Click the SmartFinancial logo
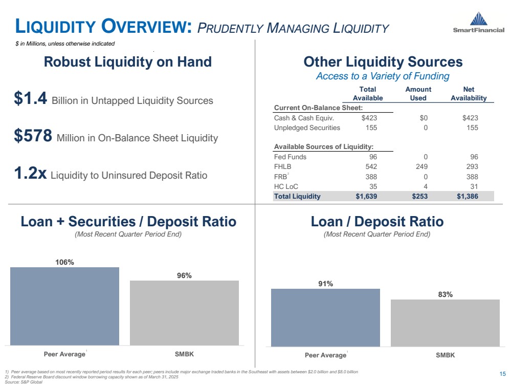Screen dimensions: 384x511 479,23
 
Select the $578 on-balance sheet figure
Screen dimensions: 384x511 34,137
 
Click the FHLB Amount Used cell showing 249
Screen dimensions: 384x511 422,166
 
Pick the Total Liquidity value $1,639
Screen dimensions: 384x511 369,196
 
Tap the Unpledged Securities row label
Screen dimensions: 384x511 307,127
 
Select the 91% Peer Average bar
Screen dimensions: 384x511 325,317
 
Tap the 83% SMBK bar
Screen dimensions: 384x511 445,323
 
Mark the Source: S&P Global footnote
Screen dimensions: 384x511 23,381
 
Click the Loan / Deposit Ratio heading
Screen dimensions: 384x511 377,222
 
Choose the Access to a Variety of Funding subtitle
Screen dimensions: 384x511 383,76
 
